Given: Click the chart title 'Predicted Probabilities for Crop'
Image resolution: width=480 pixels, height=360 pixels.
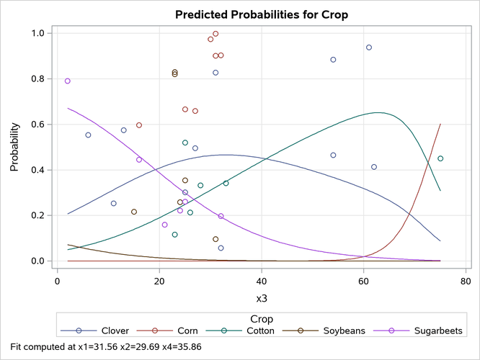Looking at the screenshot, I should click(258, 13).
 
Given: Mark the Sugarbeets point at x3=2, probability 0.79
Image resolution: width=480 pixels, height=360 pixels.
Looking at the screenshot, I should click(68, 81).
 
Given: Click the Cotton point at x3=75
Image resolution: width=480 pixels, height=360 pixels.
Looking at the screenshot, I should click(440, 158).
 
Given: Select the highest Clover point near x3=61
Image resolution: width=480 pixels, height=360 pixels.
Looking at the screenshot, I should click(369, 48).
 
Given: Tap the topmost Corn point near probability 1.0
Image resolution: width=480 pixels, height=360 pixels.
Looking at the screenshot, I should click(215, 34).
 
